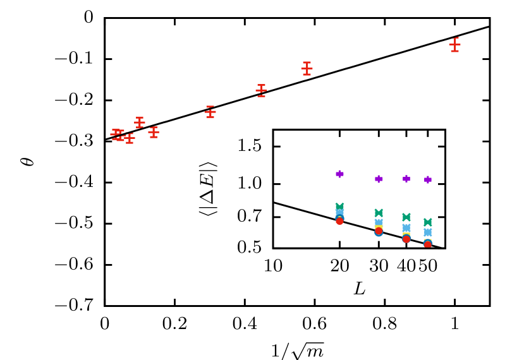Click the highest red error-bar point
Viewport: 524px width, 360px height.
(454, 45)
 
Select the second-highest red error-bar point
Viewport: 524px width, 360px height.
(307, 69)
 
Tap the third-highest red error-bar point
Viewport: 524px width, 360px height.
(261, 91)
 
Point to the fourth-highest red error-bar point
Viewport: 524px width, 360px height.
(210, 112)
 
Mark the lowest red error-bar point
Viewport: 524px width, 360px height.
(130, 138)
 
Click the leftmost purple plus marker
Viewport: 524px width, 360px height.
(339, 174)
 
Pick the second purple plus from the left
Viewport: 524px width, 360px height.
(379, 179)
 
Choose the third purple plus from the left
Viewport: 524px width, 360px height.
(406, 179)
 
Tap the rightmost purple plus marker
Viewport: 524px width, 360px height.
(428, 179)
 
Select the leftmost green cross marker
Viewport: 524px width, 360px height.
(339, 207)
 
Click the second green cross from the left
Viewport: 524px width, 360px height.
(379, 213)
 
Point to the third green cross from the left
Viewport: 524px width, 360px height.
(406, 217)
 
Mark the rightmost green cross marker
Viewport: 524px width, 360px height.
(428, 222)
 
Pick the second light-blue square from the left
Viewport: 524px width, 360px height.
(379, 222)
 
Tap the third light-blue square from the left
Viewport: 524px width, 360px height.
(406, 227)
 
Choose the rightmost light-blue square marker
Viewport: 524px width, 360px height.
(428, 232)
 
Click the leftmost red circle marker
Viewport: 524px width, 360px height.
(339, 221)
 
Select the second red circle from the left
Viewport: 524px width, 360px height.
(379, 231)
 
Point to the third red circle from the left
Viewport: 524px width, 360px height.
(406, 239)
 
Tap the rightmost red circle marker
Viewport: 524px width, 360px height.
(428, 244)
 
